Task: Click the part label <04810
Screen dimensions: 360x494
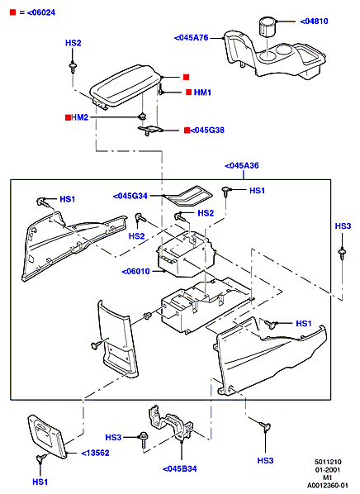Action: click(314, 21)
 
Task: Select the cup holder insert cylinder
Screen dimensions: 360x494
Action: click(268, 27)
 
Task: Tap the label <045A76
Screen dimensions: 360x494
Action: click(192, 38)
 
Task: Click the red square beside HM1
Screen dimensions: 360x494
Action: click(188, 92)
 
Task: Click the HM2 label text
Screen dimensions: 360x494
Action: click(80, 117)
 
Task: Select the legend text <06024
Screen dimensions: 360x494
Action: click(41, 12)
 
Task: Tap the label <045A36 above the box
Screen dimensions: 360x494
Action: click(242, 166)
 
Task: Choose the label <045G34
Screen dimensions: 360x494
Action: click(130, 196)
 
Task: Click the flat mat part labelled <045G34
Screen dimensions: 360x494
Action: click(189, 195)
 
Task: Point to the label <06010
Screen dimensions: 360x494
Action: click(136, 271)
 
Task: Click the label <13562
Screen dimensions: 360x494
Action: click(96, 453)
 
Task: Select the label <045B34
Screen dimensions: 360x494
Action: click(179, 468)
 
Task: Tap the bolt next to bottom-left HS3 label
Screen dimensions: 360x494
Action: click(143, 440)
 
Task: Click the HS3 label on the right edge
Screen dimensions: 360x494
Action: click(343, 226)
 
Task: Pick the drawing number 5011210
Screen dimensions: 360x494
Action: click(328, 462)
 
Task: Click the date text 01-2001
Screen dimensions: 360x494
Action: click(328, 470)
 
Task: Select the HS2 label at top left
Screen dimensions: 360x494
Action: click(73, 43)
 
